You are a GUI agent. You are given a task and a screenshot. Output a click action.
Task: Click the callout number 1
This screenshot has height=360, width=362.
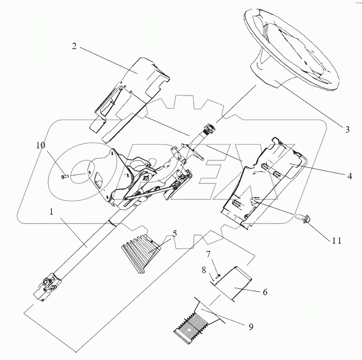[x=51, y=212]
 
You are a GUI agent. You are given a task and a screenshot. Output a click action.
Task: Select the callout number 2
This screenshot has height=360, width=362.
[x=74, y=46]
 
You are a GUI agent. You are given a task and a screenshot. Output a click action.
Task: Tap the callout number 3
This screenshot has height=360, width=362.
[x=347, y=129]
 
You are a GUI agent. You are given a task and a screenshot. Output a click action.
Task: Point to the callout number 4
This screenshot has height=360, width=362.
[x=350, y=176]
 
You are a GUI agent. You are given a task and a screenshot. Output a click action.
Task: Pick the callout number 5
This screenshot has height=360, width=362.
[x=174, y=234]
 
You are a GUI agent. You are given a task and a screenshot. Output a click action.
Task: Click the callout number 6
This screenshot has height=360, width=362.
[x=265, y=292]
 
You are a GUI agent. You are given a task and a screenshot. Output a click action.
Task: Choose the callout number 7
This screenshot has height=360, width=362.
[x=208, y=254]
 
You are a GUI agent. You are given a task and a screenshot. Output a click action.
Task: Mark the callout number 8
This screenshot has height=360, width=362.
[x=204, y=270]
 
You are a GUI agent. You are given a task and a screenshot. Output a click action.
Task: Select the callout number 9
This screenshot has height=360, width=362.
[x=251, y=327]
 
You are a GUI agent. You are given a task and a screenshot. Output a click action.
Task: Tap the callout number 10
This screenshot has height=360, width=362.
[x=40, y=145]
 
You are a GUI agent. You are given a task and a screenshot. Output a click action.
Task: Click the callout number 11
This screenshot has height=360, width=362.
[x=336, y=241]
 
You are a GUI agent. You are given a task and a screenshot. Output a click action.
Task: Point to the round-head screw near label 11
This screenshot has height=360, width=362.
[x=303, y=218]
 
